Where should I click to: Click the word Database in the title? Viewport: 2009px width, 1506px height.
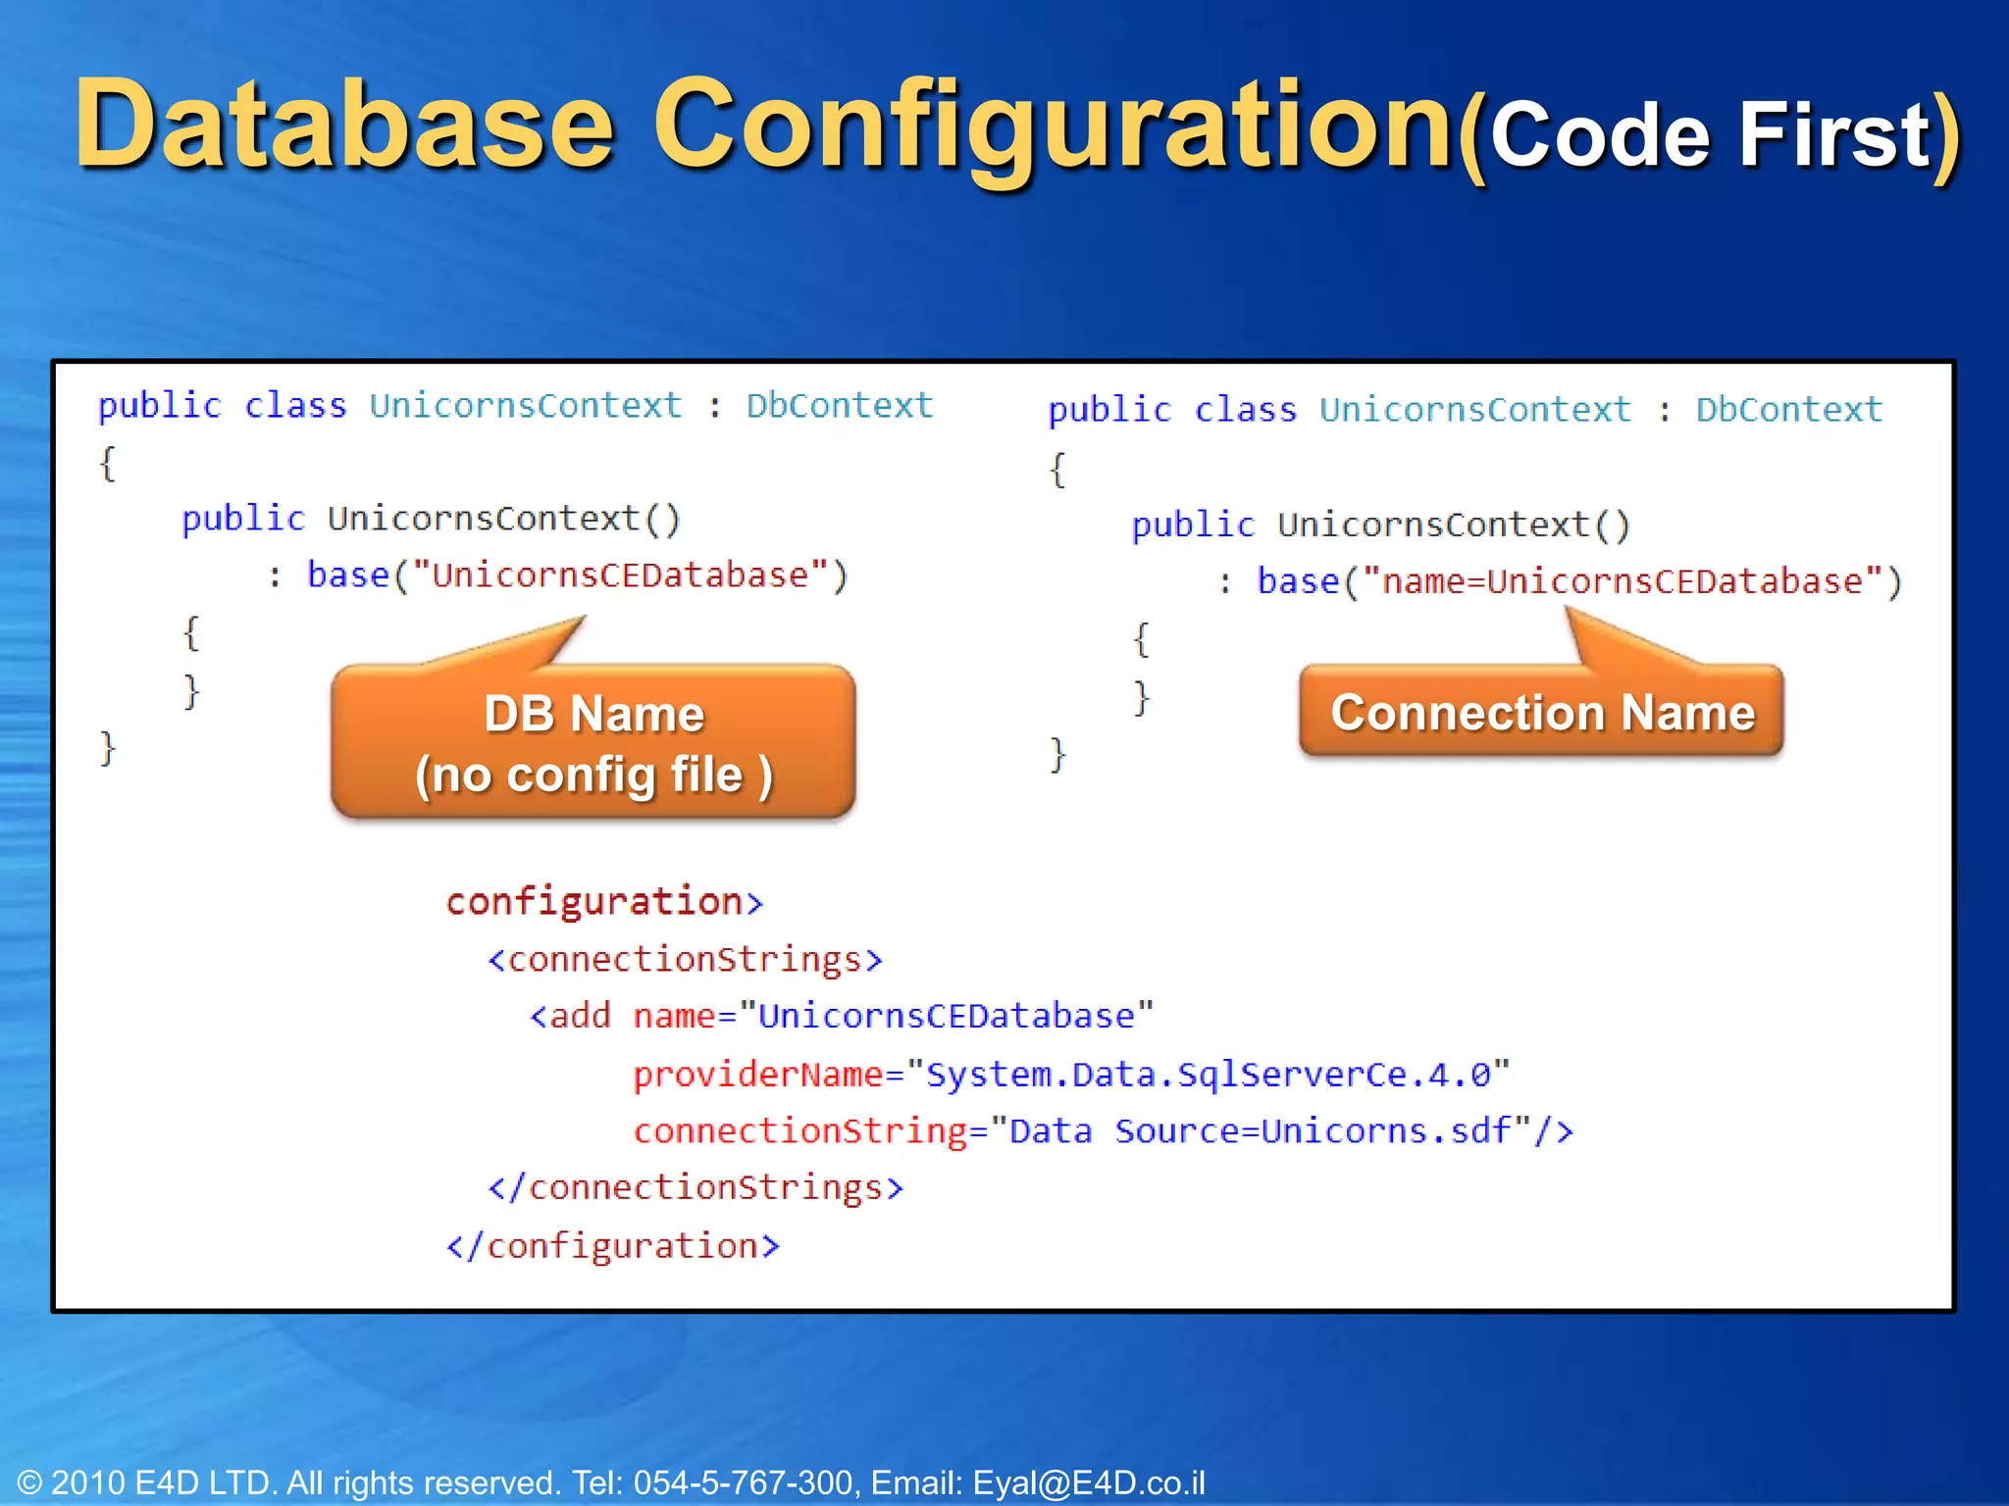343,125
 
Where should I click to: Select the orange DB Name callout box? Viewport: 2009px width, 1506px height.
593,742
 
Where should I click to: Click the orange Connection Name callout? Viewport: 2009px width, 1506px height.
1541,712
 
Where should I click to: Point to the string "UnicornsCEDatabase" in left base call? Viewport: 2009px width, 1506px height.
620,576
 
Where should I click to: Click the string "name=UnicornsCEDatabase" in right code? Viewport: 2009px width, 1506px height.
1622,582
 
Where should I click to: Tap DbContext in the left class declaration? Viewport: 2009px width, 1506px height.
839,406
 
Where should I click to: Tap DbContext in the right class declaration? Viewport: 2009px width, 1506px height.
1788,410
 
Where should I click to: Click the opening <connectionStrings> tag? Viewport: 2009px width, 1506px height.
685,959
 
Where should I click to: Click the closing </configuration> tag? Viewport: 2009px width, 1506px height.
613,1246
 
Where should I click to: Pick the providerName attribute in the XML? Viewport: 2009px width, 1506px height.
758,1075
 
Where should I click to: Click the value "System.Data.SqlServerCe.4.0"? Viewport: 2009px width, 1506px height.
1208,1075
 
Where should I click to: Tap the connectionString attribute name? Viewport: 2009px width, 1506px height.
800,1131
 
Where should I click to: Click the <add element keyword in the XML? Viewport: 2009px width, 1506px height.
571,1016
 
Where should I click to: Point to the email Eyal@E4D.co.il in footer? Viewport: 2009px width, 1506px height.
1088,1482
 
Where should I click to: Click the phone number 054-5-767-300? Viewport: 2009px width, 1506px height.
743,1482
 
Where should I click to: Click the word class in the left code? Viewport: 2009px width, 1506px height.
295,406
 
